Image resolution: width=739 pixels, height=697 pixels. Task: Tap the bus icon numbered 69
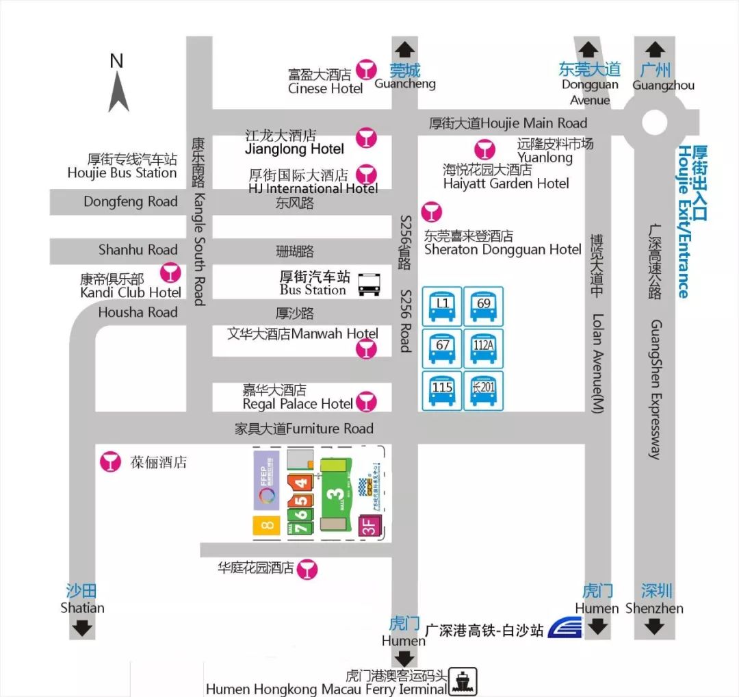[483, 305]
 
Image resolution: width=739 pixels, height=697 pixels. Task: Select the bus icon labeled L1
[442, 305]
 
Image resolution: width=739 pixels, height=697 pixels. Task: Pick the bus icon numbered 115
[442, 390]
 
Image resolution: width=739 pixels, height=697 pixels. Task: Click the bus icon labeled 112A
[483, 348]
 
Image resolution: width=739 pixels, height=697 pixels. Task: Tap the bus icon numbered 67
[442, 348]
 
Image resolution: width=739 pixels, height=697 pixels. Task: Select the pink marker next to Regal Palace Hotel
[367, 401]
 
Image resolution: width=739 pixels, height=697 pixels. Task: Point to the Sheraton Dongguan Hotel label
[502, 249]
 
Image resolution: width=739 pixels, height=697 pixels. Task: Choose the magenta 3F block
[367, 527]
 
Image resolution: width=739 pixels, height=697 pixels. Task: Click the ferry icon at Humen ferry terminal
[463, 682]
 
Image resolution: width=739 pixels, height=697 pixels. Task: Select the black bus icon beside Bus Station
[369, 284]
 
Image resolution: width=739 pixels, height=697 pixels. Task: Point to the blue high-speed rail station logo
[565, 627]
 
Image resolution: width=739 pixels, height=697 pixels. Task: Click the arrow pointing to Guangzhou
[655, 49]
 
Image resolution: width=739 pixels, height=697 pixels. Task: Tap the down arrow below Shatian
[83, 627]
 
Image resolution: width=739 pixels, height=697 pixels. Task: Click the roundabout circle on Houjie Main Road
[655, 123]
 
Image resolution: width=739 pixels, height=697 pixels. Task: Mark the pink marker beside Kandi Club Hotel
[169, 273]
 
